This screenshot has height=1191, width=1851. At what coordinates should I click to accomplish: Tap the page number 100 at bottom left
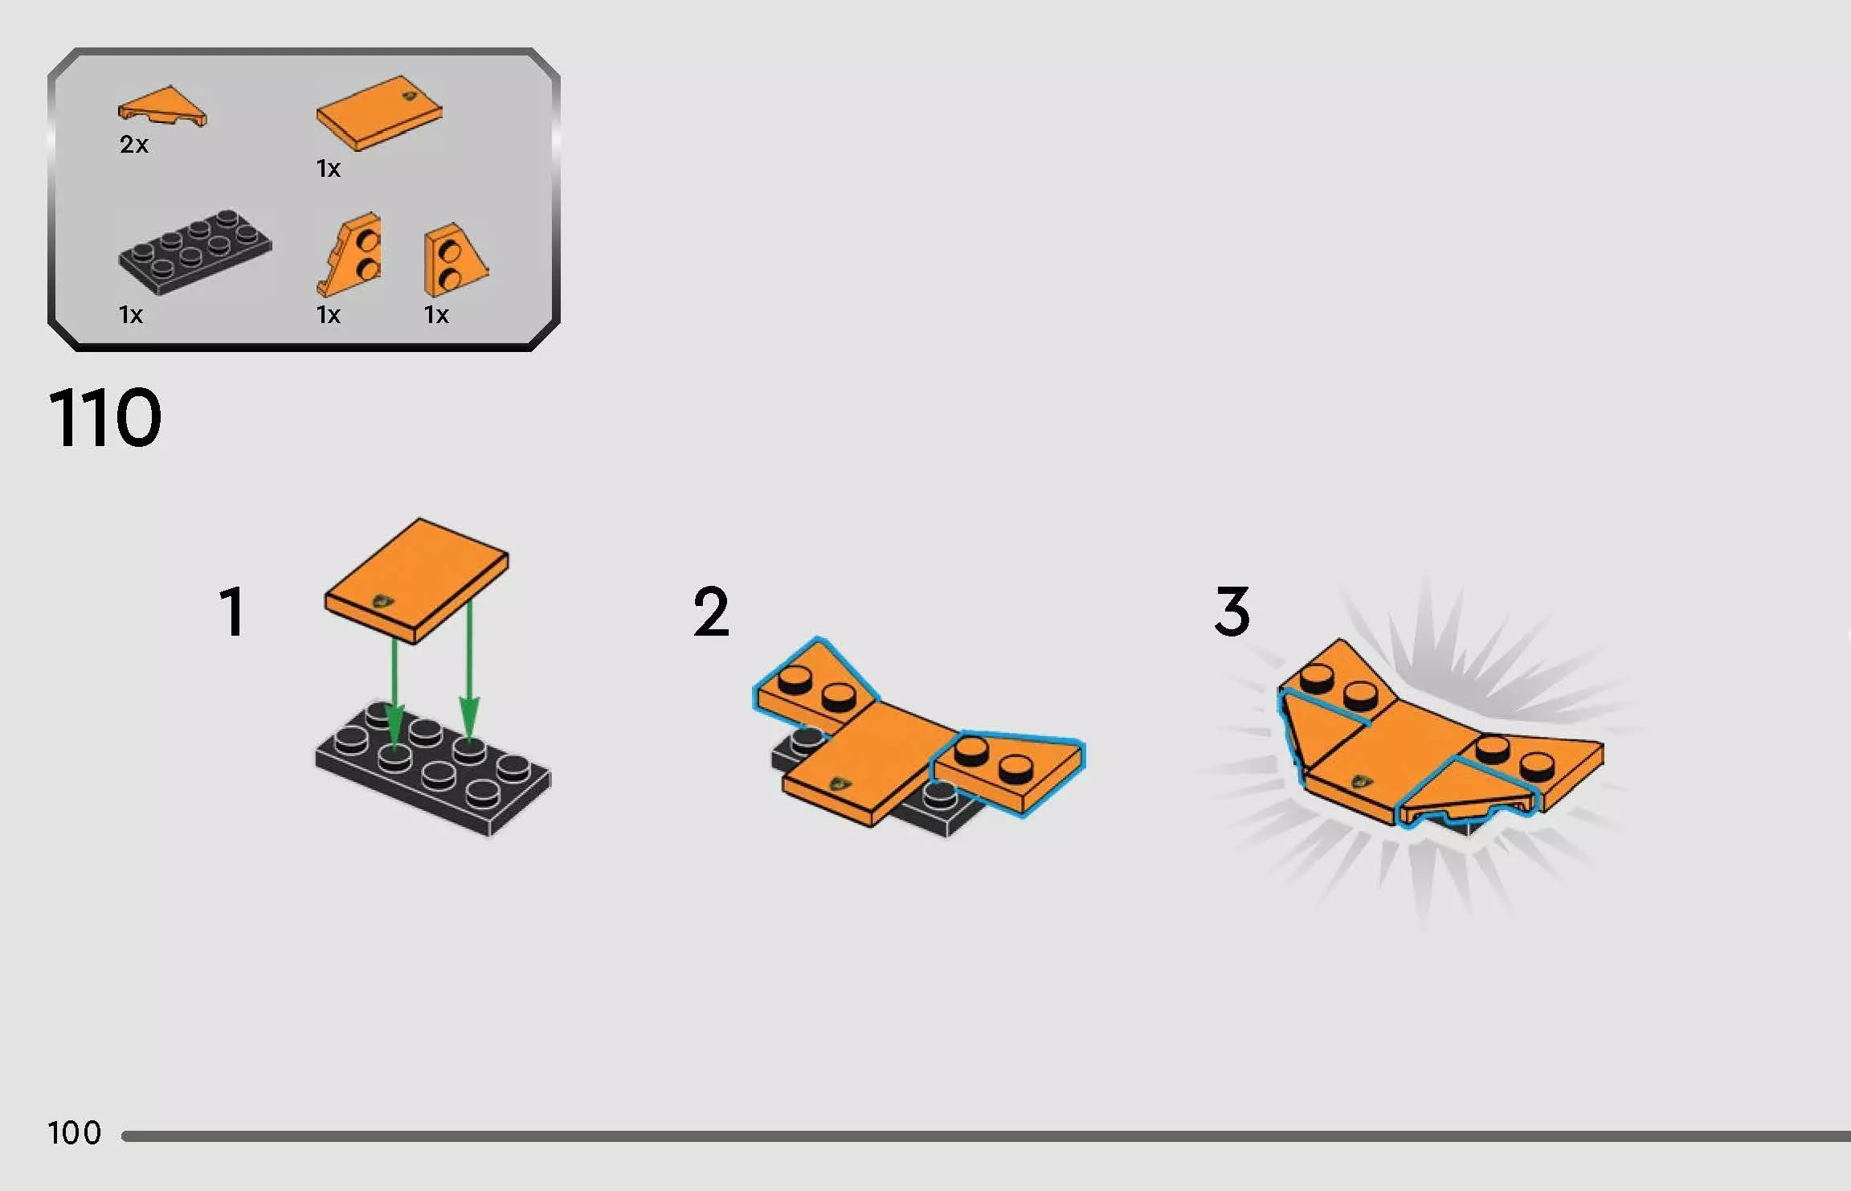pyautogui.click(x=74, y=1133)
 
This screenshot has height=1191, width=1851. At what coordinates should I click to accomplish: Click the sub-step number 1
pyautogui.click(x=232, y=612)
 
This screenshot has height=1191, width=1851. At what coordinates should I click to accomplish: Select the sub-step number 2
pyautogui.click(x=711, y=612)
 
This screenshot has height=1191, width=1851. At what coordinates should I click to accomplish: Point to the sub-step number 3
pyautogui.click(x=1232, y=612)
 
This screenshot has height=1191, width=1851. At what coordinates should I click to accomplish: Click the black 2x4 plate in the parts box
pyautogui.click(x=195, y=252)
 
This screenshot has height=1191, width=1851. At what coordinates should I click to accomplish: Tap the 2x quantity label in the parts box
pyautogui.click(x=134, y=145)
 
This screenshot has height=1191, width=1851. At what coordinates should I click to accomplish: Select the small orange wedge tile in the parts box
pyautogui.click(x=163, y=108)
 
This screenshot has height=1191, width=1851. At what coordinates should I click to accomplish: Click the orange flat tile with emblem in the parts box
pyautogui.click(x=378, y=113)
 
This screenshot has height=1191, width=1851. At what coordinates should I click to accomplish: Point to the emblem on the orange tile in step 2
pyautogui.click(x=842, y=782)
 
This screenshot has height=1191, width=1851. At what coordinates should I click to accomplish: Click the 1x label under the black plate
pyautogui.click(x=130, y=315)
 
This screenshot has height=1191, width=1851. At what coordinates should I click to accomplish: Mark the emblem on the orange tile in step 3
pyautogui.click(x=1362, y=780)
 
